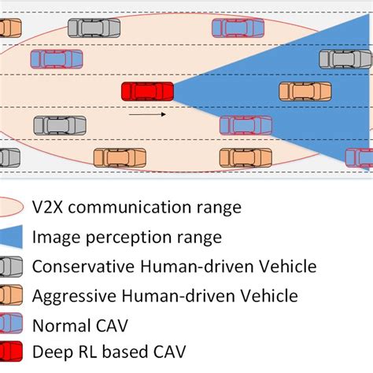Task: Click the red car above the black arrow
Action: pos(147,91)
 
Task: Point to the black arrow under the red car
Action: pos(147,115)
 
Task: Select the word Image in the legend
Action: pos(54,237)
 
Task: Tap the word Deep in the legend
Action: pos(51,351)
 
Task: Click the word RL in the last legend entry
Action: pos(85,351)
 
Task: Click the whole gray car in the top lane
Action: pos(94,28)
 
